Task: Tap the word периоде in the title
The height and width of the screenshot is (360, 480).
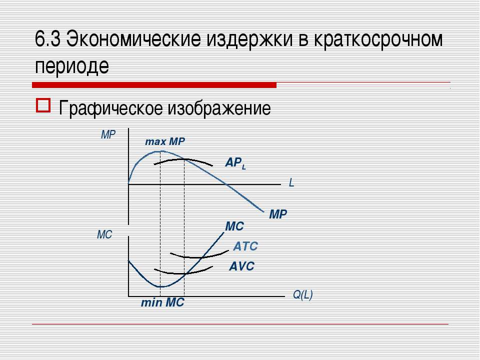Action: tap(72, 66)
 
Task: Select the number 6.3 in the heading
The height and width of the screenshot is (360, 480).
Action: tap(47, 39)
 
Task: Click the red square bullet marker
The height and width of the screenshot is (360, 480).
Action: tap(43, 105)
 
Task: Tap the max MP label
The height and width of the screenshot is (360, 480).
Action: tap(165, 141)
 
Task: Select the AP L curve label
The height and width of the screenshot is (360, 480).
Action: tap(235, 163)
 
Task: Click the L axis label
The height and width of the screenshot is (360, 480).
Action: tap(291, 183)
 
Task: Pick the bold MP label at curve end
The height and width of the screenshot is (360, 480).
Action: tap(278, 214)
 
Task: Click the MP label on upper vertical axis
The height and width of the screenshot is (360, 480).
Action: tap(108, 134)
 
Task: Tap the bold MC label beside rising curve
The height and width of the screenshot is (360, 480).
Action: tap(234, 226)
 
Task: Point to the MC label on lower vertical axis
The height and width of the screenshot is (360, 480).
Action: tap(104, 235)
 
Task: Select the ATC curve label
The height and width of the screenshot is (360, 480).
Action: tap(245, 246)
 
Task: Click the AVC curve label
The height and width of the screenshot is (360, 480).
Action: tap(241, 266)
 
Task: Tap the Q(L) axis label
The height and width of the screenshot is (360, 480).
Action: tap(303, 295)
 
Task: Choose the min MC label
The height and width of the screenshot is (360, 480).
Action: tap(162, 303)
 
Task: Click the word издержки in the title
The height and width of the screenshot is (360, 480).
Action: tap(250, 40)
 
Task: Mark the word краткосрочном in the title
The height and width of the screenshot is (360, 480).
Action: tap(378, 40)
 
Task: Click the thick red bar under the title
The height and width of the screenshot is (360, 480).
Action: tap(154, 85)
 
